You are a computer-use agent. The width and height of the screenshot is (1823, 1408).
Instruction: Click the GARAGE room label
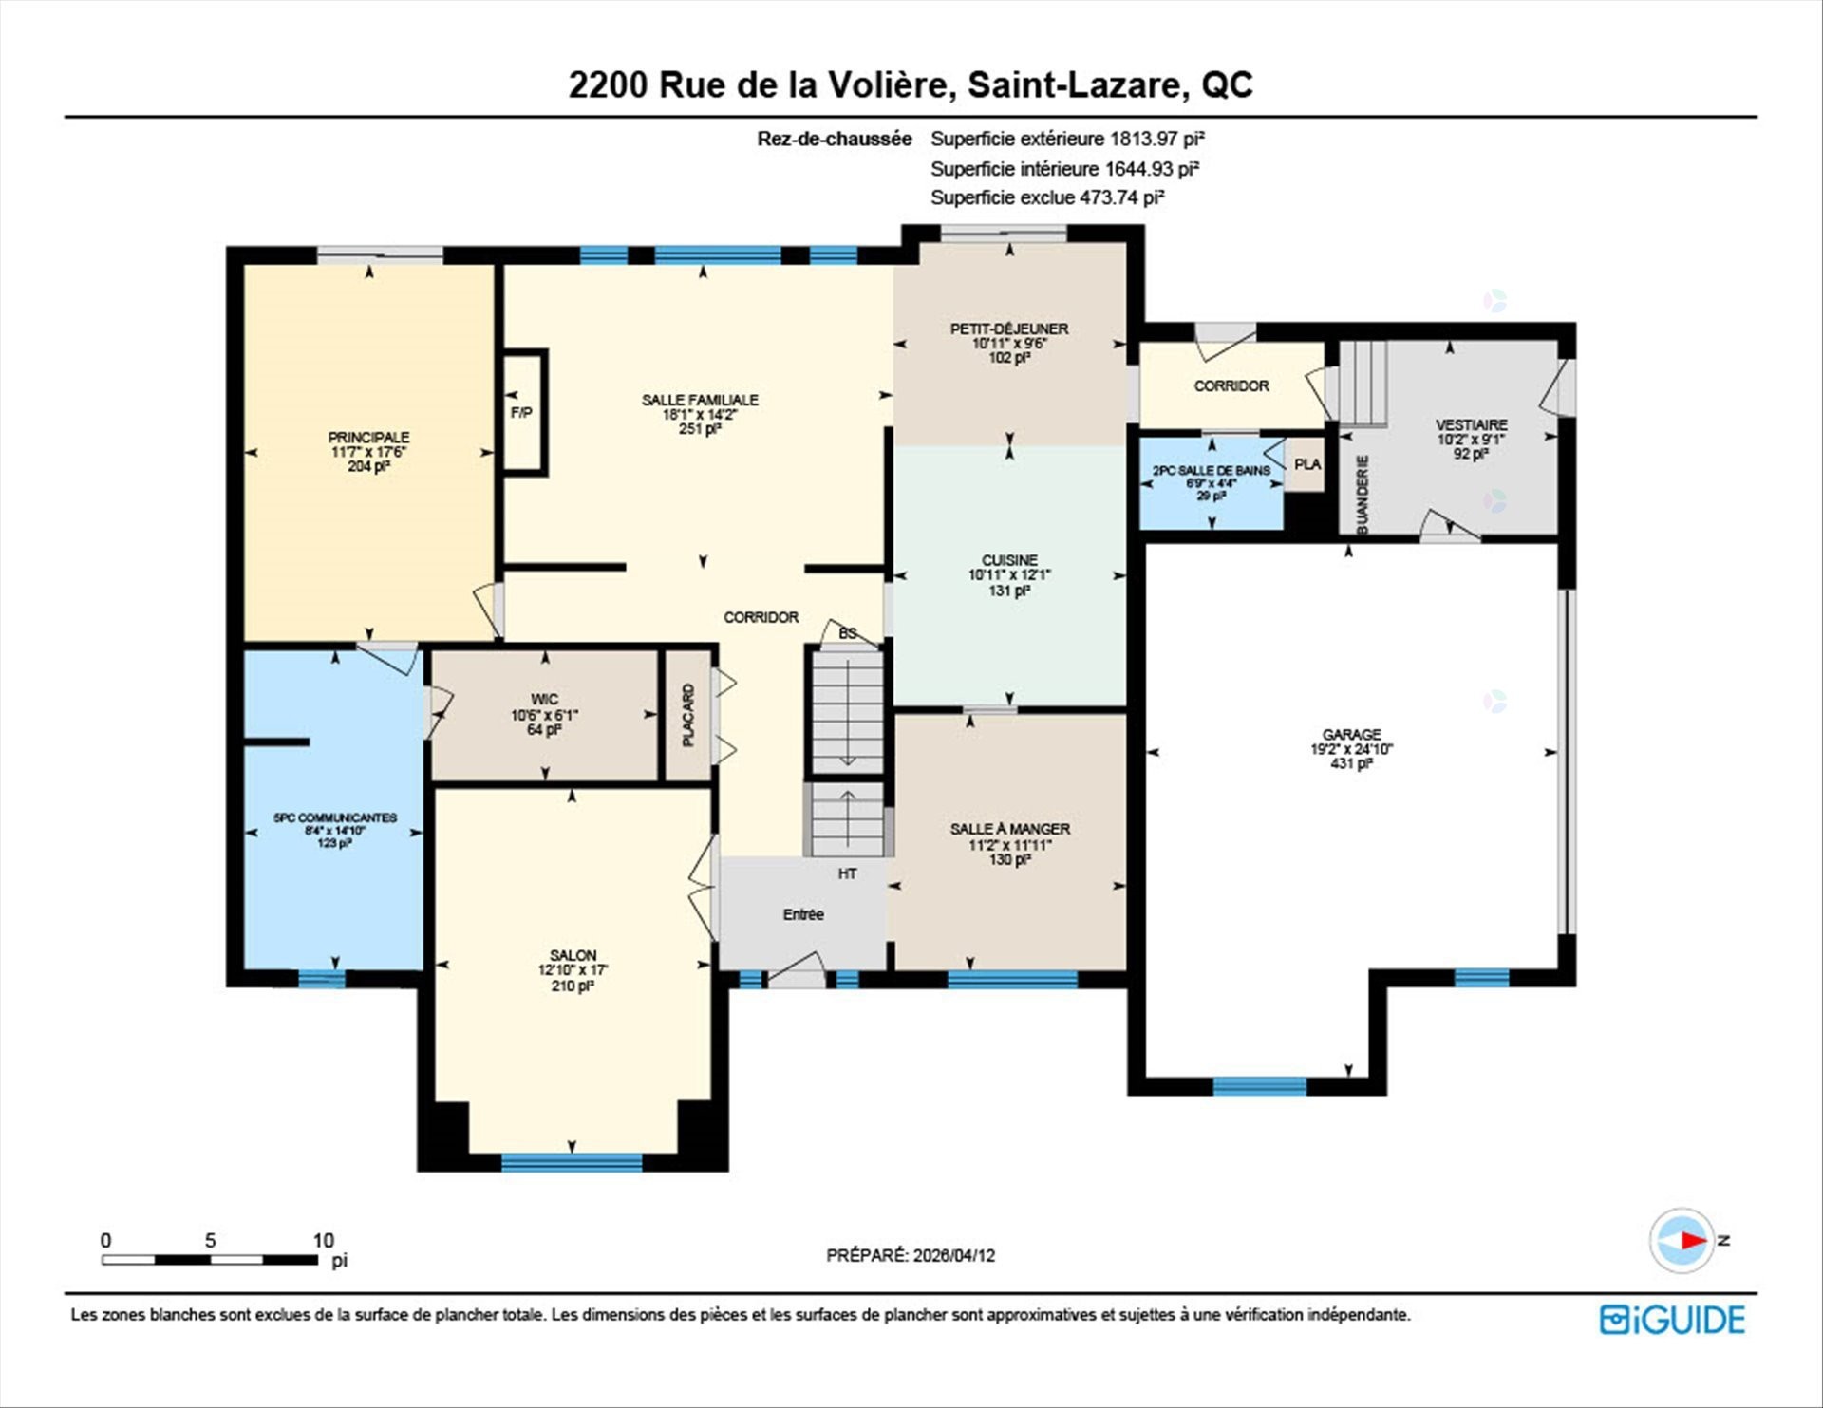coord(1351,734)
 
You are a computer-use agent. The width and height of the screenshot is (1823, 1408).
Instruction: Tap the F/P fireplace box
coord(521,412)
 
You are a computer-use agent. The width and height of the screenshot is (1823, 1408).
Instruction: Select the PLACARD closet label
coord(688,715)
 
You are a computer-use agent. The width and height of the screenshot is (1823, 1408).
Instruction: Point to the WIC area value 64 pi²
coord(544,730)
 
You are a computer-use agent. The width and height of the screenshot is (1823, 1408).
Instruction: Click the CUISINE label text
coord(1009,560)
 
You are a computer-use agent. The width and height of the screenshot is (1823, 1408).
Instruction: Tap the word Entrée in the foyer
coord(803,914)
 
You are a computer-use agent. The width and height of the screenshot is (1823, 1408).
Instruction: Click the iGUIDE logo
coord(1672,1320)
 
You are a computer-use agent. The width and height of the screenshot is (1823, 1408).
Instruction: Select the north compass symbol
coord(1683,1240)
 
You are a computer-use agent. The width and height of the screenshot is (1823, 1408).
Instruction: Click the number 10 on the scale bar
coord(324,1240)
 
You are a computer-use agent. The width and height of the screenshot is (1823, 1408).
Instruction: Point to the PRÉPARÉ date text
coord(911,1255)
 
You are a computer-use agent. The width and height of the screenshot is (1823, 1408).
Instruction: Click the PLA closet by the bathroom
coord(1306,464)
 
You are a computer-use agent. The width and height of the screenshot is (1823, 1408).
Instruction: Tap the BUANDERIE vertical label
coord(1363,495)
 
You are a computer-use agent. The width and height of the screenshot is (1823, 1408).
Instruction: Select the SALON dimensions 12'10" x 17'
coord(573,970)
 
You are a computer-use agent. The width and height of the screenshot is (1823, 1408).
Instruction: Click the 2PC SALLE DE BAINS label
coord(1211,470)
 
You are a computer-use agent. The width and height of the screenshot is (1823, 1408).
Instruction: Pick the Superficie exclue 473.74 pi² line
coord(1047,197)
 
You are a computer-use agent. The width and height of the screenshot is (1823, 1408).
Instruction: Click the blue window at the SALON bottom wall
coord(572,1162)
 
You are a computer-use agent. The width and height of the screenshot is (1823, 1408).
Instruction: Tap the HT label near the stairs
coord(847,873)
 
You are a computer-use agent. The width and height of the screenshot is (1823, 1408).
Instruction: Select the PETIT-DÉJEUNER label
coord(1009,329)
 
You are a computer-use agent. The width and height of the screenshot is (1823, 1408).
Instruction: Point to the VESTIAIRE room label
coord(1471,424)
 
